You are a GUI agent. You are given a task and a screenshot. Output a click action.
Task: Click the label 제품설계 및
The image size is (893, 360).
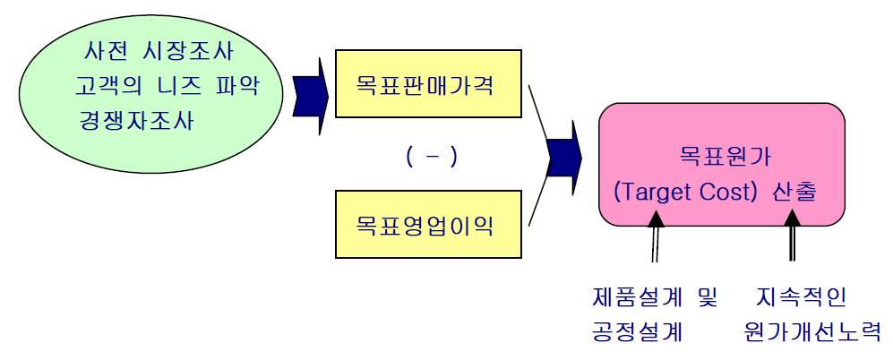coord(655,296)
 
